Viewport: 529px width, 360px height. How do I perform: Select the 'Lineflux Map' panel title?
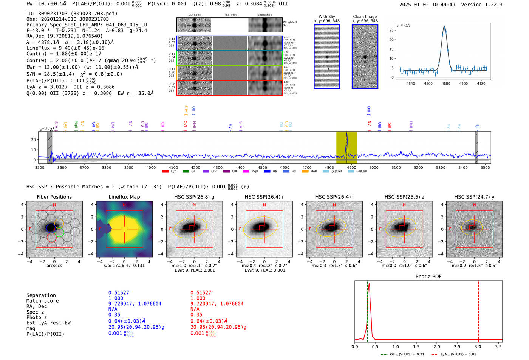124,197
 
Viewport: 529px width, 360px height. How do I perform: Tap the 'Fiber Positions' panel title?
54,197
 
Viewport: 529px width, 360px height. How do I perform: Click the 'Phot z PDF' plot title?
428,277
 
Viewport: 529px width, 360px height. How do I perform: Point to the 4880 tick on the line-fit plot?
446,83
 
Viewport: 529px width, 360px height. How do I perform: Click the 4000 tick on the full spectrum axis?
151,167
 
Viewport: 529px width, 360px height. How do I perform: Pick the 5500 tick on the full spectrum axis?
485,167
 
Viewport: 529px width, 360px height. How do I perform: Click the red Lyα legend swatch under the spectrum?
165,172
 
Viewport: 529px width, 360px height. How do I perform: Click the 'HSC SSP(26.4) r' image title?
264,197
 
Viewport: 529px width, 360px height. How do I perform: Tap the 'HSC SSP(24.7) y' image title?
474,197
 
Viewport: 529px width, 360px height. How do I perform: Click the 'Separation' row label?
41,295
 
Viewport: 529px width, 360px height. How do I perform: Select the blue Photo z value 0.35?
114,315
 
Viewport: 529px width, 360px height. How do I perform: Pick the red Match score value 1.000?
198,298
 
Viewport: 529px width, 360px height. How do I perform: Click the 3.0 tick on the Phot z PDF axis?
478,346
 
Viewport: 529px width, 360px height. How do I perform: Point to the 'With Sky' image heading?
327,17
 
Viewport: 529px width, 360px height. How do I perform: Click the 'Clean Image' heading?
365,17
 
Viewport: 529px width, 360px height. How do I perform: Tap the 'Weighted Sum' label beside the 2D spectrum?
289,23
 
